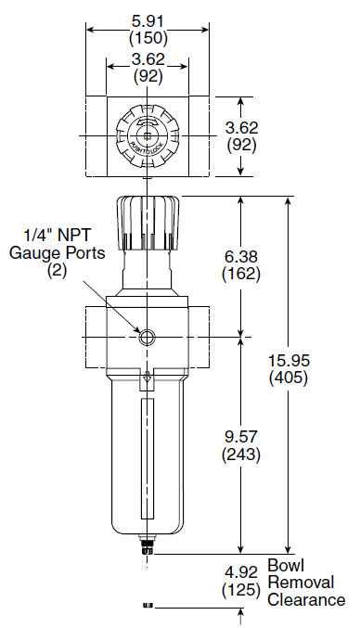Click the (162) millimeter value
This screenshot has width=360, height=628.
click(x=241, y=275)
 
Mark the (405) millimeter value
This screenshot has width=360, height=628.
click(x=289, y=378)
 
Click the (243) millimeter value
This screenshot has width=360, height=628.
click(x=241, y=455)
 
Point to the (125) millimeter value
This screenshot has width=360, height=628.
click(x=241, y=590)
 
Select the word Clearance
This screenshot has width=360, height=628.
click(x=306, y=600)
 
